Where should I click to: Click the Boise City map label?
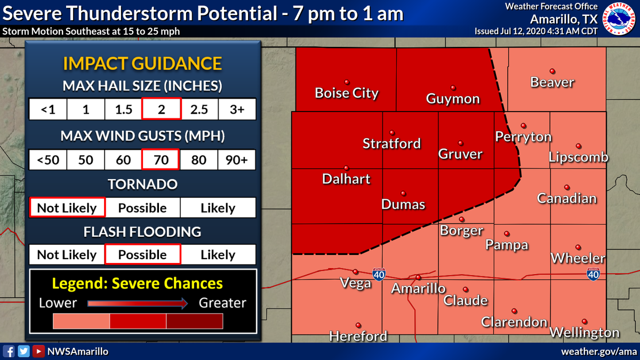point(347,93)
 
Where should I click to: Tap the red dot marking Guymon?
point(453,87)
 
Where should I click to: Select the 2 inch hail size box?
point(161,109)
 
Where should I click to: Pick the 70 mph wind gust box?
point(161,159)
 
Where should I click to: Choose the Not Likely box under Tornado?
point(67,207)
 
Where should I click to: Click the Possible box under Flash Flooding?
point(142,254)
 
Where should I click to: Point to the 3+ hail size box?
point(237,109)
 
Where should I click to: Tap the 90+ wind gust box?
point(237,159)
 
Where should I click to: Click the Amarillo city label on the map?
point(418,289)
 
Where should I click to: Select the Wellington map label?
point(585,333)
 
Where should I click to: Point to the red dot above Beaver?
point(553,70)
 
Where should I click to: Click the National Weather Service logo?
point(620,19)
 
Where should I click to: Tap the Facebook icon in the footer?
point(9,351)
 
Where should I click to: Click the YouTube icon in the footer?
point(38,351)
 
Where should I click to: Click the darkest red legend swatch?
point(195,321)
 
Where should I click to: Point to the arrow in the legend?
point(138,303)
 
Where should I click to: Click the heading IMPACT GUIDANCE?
point(142,63)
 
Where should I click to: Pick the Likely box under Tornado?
point(218,207)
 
